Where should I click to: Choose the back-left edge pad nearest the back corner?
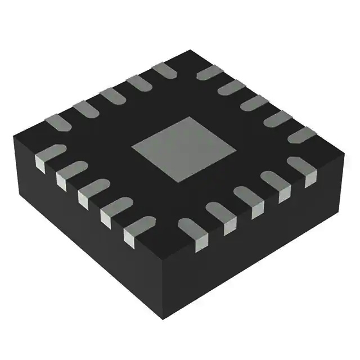(165, 70)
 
